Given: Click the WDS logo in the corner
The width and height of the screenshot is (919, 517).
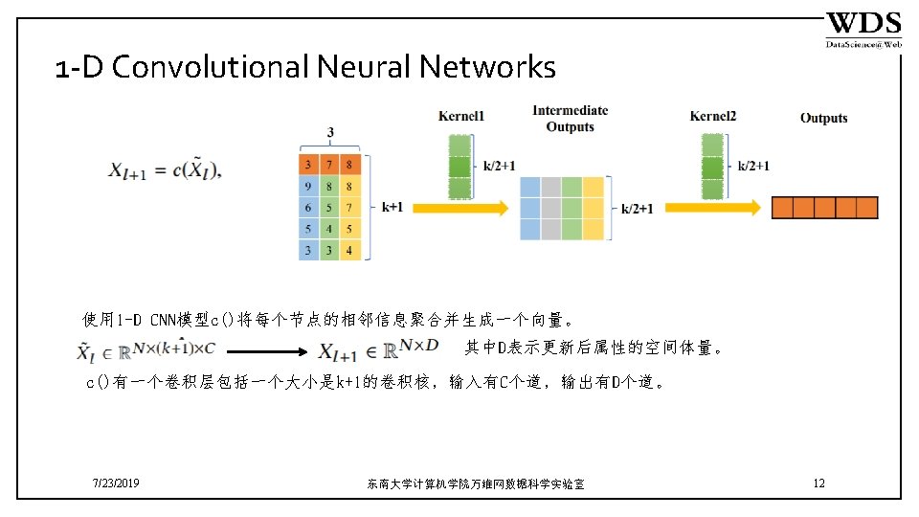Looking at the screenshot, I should (x=863, y=29).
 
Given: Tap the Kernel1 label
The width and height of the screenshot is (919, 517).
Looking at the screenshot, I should (x=461, y=116).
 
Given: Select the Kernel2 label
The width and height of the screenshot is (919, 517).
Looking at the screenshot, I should (x=713, y=116).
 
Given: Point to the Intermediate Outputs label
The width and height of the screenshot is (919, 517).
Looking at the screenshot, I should (x=570, y=119).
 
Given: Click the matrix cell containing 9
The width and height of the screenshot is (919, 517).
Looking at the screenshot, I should (x=307, y=187).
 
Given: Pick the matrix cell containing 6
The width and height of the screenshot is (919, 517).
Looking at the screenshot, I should (x=307, y=208).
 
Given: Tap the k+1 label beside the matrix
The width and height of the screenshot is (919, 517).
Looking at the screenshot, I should (x=392, y=207).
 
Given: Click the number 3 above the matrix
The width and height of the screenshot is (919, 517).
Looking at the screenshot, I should (x=330, y=132).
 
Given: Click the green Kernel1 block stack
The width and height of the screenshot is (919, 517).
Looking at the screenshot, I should (x=461, y=166).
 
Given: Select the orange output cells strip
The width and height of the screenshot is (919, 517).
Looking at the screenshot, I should (x=824, y=207).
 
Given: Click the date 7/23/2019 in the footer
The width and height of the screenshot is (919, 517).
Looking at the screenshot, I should (x=116, y=483).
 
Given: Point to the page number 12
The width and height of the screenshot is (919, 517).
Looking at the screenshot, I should (x=818, y=483).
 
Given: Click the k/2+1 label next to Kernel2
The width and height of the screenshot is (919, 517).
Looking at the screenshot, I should (x=753, y=166).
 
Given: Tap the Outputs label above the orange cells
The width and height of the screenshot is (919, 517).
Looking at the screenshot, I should (x=823, y=118).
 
